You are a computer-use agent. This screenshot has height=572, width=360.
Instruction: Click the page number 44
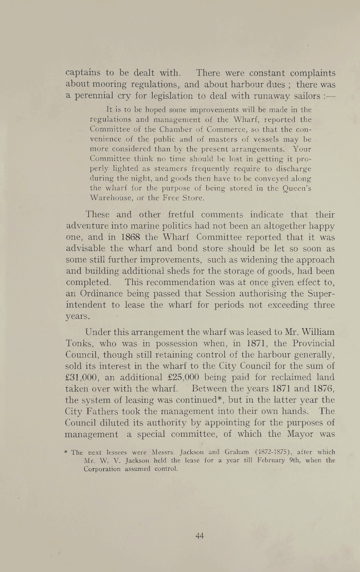200,535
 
